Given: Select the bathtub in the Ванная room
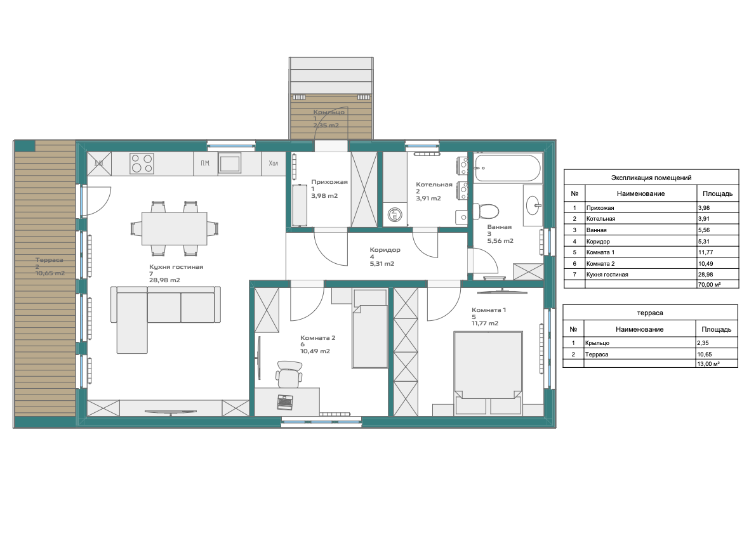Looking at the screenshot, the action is [x=507, y=168].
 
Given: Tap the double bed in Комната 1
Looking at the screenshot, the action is [x=488, y=372].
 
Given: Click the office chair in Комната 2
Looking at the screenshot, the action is [x=289, y=374].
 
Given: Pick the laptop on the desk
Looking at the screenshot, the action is [x=285, y=401].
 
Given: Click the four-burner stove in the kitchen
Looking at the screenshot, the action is [x=142, y=164].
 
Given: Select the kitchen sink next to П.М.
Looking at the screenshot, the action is [x=230, y=163].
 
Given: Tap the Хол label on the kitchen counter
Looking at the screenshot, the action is [x=274, y=163].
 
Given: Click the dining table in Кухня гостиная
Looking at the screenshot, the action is [x=175, y=228].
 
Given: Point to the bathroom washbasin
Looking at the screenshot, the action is [x=534, y=205].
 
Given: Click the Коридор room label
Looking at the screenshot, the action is [x=385, y=250].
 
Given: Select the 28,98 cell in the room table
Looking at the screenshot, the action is [x=705, y=275].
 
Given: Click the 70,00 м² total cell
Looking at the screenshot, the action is [x=709, y=285].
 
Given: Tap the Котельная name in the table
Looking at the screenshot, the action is [x=600, y=219].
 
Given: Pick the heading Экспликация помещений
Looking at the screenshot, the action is [x=651, y=178].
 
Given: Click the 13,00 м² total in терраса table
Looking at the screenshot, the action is [x=708, y=364].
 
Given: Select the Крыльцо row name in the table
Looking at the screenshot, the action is [x=597, y=343].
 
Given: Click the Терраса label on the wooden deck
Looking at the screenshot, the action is [x=49, y=260].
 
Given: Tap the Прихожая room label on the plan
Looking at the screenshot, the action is [x=329, y=182].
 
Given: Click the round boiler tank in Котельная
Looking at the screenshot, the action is [x=395, y=215].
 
